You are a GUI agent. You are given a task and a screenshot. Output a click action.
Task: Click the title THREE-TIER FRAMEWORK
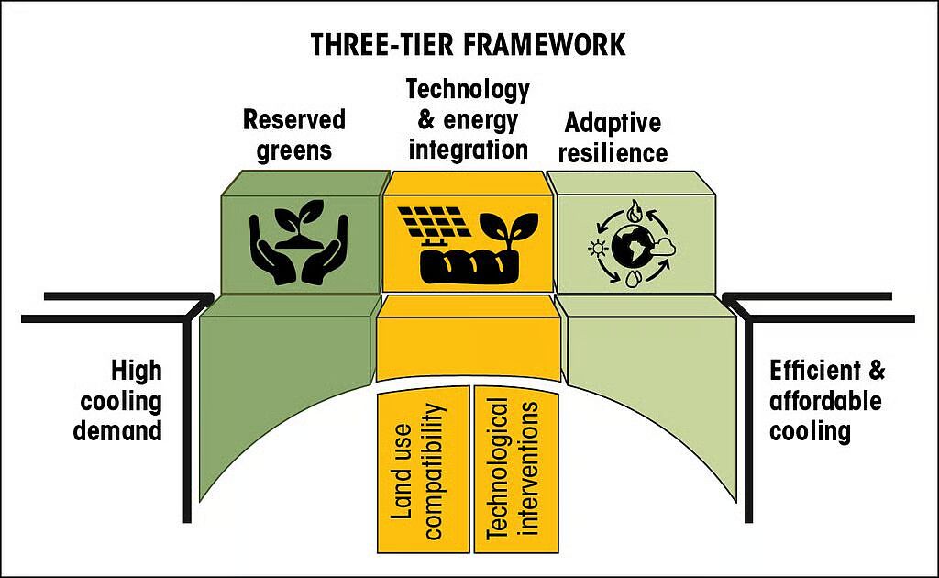(x=468, y=44)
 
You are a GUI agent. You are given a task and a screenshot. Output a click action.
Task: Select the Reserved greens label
(x=293, y=134)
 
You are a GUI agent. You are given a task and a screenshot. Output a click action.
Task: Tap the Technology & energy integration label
(x=468, y=119)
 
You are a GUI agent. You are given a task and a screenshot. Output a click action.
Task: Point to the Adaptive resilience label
(x=614, y=138)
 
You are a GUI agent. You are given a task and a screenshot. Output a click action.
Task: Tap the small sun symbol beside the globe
(x=599, y=249)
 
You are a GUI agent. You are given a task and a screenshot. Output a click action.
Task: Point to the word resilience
(x=614, y=153)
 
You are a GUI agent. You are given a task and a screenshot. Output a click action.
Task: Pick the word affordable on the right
(x=825, y=401)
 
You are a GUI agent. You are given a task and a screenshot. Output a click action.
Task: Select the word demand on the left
(x=119, y=430)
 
